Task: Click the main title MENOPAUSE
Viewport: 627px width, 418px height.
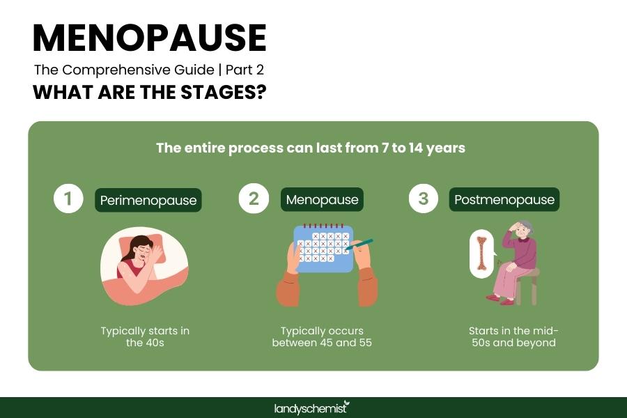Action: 149,38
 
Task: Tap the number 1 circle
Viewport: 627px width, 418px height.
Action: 68,199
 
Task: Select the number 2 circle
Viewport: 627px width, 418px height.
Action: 254,199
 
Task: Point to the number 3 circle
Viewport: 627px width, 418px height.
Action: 423,199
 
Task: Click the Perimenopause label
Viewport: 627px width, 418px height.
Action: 148,201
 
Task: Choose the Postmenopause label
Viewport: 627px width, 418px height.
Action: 504,200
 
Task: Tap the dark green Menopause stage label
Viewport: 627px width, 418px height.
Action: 323,200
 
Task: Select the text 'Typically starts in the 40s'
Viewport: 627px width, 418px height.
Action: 144,336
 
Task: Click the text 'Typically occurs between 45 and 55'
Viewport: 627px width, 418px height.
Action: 322,336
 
